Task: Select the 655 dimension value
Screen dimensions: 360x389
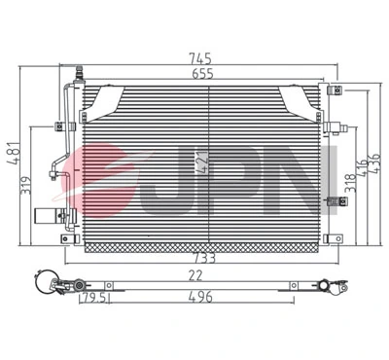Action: (x=201, y=73)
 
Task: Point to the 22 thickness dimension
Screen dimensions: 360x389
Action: (x=195, y=276)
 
